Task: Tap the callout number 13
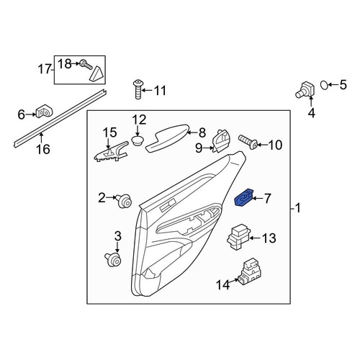click(x=269, y=238)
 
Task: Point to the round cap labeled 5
click(x=323, y=86)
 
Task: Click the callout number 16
click(x=43, y=150)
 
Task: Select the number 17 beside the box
click(x=45, y=70)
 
